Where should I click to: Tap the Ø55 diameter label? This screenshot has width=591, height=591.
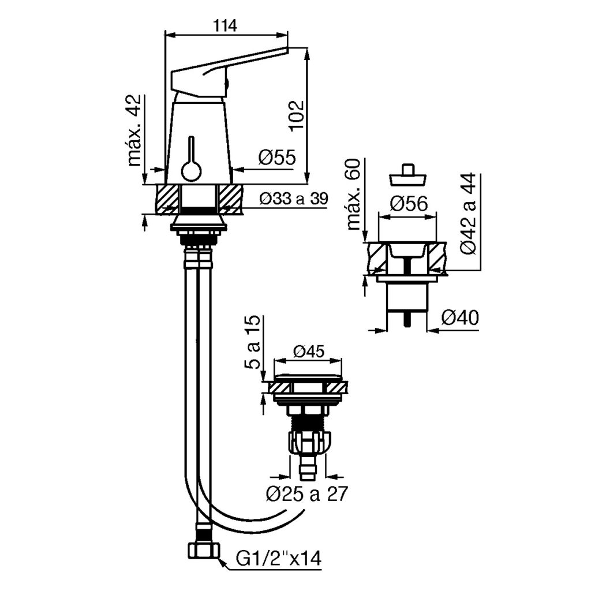click(276, 157)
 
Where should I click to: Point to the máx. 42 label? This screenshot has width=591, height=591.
click(134, 130)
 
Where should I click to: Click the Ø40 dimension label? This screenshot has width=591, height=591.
click(459, 318)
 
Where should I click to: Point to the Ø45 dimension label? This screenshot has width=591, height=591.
click(309, 351)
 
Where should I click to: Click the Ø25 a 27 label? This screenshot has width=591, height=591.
click(306, 495)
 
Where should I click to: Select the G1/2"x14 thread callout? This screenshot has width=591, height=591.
click(279, 559)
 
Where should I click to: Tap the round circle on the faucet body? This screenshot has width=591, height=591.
click(192, 171)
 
